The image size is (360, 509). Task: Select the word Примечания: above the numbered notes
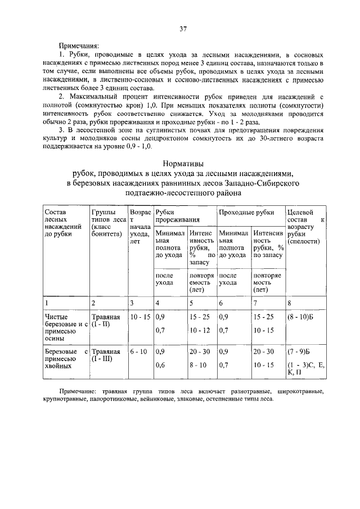79,46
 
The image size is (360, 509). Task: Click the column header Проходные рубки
246,212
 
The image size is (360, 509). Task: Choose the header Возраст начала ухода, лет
139,227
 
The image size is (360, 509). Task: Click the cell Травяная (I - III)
106,355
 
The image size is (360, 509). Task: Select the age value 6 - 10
138,352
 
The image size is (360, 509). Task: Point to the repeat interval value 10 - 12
200,330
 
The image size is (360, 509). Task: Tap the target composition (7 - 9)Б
298,352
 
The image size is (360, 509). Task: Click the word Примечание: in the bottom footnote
78,390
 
